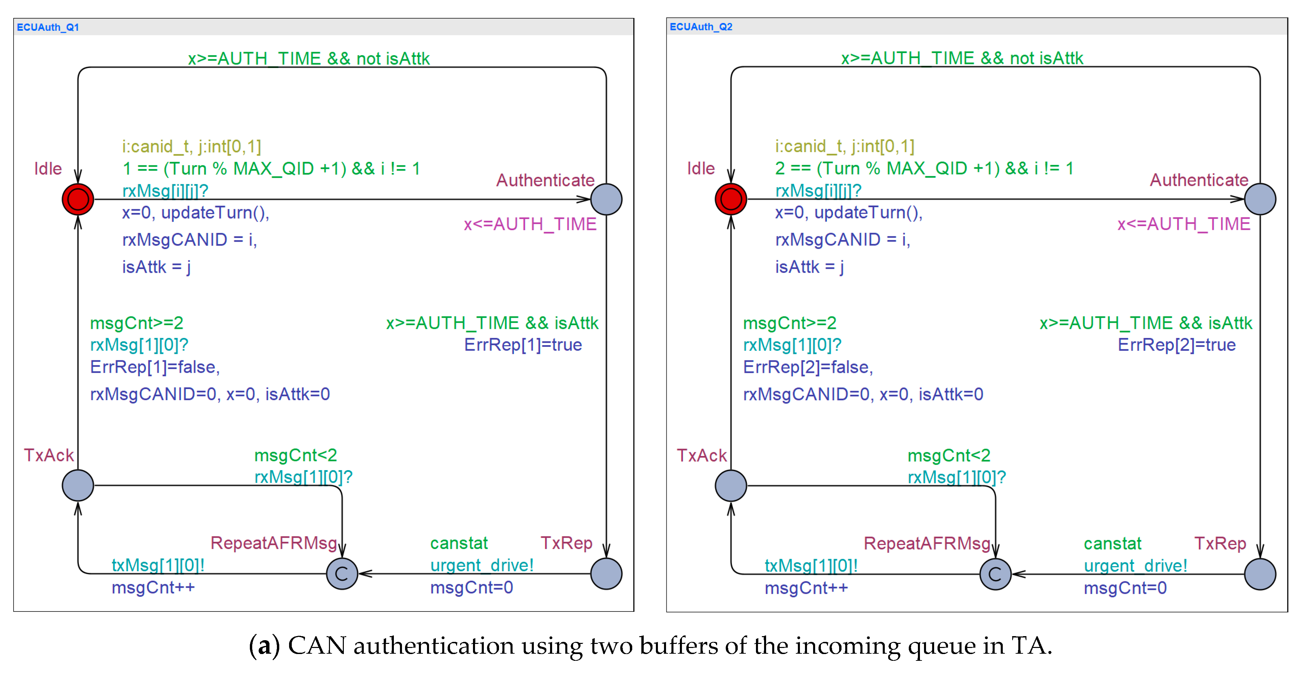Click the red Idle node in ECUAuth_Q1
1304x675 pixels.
[x=78, y=199]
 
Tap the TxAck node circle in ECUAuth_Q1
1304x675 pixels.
[x=78, y=485]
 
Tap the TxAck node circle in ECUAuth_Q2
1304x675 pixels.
[x=731, y=486]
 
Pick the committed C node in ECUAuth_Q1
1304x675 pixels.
[x=342, y=574]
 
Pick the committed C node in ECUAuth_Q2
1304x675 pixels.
[x=995, y=574]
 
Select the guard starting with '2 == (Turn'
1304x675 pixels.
[x=924, y=169]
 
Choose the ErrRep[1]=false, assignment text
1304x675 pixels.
[x=155, y=367]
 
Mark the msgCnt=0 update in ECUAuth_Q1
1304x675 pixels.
[x=472, y=587]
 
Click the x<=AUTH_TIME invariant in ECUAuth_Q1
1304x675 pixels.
[x=530, y=224]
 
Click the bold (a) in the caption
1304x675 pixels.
[x=264, y=646]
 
